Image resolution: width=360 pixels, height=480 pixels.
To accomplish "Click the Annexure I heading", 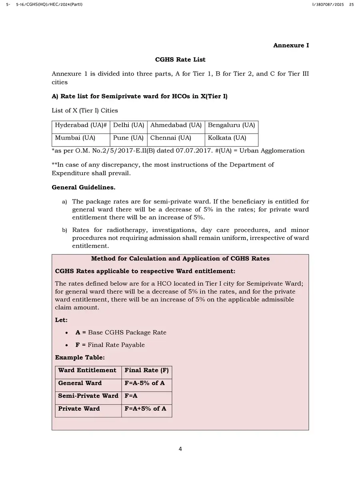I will pos(291,46).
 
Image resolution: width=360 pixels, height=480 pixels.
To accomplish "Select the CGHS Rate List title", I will pos(180,60).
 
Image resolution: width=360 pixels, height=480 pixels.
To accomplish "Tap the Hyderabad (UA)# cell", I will pos(81,125).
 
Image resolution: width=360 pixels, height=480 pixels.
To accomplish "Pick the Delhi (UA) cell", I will pos(128,125).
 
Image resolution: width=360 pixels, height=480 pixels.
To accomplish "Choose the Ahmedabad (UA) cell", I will pos(176,125).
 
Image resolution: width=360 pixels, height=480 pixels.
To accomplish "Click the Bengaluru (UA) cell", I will pos(231,125).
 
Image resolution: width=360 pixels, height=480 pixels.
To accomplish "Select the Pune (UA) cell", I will pos(128,138).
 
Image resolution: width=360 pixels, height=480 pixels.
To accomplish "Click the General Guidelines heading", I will pos(84,187).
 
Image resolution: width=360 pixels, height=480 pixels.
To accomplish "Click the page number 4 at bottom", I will pos(180,449).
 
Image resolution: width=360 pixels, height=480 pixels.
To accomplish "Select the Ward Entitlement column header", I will pos(87,370).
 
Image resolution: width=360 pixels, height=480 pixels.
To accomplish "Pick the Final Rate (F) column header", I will pos(146,370).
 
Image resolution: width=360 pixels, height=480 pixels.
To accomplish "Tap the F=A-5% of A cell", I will pos(144,383).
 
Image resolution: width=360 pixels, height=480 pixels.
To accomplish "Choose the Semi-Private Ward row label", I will pos(88,396).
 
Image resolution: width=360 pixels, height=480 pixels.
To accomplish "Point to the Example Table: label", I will pos(80,358).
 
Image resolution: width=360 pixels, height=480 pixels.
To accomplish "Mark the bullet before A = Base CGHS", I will pos(66,333).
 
